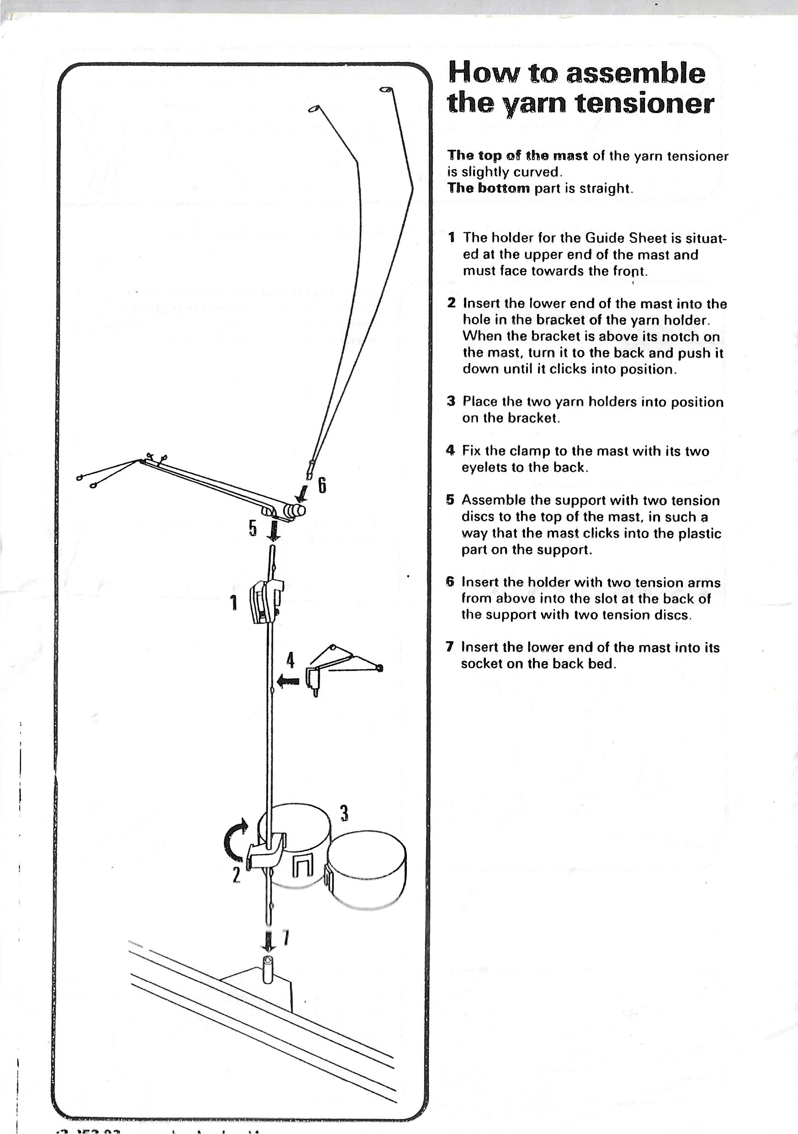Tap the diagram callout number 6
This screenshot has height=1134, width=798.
(322, 485)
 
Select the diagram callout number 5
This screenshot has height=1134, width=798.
(253, 528)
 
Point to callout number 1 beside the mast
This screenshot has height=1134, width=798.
(234, 603)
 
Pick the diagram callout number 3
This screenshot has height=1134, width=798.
(344, 812)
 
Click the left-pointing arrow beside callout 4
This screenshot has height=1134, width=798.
(288, 682)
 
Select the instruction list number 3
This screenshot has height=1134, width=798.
(450, 401)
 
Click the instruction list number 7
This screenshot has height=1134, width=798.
(449, 647)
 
